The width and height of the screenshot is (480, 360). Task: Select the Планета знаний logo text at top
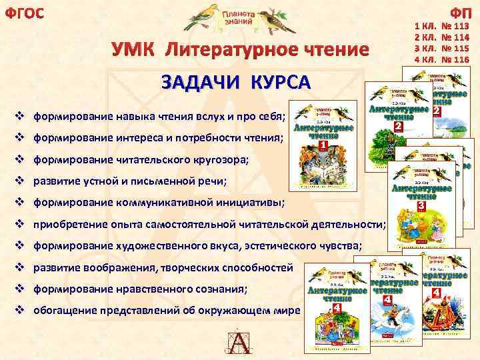coord(238,18)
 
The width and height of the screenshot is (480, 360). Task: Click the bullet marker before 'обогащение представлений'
coord(19,311)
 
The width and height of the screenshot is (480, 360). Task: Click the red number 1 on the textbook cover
coord(323,145)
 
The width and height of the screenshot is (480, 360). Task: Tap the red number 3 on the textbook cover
coord(421,207)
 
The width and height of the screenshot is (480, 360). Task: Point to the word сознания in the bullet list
coord(223,289)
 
